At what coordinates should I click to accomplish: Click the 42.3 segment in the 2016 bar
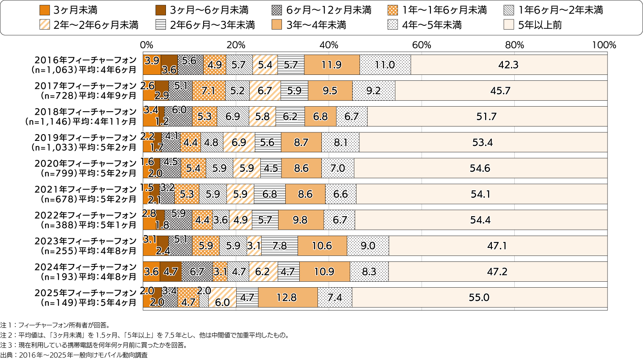(x=508, y=65)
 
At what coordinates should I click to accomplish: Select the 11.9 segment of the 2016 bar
(x=331, y=65)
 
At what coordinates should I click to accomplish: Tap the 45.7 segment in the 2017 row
(x=500, y=91)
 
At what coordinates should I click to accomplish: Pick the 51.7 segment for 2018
(x=486, y=116)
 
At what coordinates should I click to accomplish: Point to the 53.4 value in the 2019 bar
(x=483, y=142)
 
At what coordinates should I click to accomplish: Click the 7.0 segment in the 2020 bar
(x=337, y=168)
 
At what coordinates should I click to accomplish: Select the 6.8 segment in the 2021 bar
(x=270, y=194)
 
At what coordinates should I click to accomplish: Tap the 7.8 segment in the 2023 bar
(x=279, y=246)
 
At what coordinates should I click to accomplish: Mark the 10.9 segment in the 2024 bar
(x=324, y=272)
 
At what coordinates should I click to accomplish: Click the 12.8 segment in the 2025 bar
(x=287, y=297)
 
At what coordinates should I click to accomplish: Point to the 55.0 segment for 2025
(x=479, y=297)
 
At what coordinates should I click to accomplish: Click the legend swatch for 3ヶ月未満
(x=44, y=10)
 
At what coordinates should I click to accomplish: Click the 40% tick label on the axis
(x=328, y=45)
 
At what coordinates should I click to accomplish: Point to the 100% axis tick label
(x=604, y=45)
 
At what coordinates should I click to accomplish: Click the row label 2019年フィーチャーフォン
(x=86, y=138)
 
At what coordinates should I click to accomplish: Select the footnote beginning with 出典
(x=74, y=355)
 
